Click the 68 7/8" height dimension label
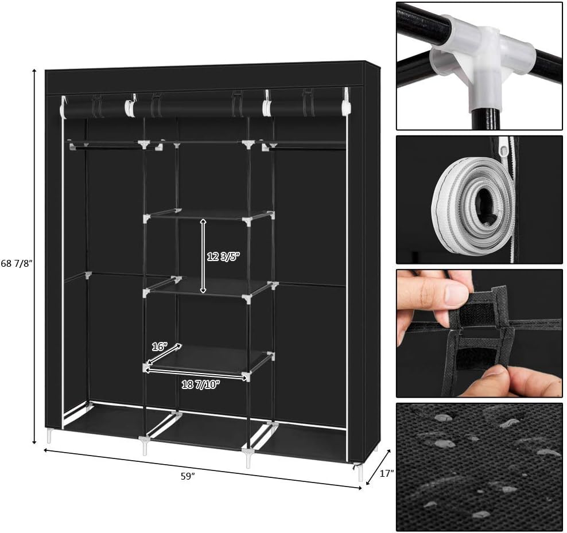(x=17, y=263)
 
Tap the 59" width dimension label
(x=188, y=476)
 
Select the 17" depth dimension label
(x=387, y=473)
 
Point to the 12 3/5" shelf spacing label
(x=223, y=256)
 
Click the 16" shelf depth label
(x=160, y=347)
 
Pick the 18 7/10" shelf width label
(x=201, y=384)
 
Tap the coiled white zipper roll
(x=473, y=205)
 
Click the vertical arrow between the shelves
(x=203, y=256)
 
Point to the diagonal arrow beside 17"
(x=378, y=467)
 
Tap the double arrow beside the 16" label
(x=164, y=354)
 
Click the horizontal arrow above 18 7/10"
(x=197, y=374)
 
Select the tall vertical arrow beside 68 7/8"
(x=34, y=256)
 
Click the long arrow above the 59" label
(x=203, y=469)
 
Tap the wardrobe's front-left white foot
(x=49, y=435)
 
